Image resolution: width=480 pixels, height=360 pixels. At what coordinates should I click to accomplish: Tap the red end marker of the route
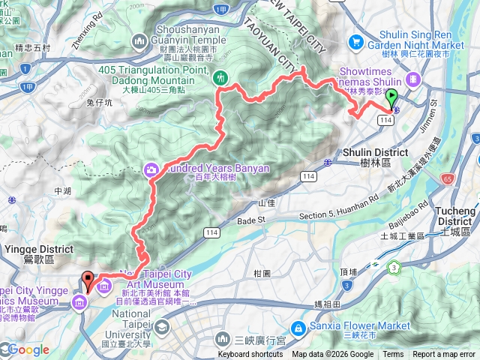click(87, 280)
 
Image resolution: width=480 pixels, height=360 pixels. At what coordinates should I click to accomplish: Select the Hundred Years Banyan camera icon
click(151, 169)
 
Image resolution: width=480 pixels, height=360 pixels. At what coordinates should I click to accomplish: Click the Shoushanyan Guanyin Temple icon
click(139, 40)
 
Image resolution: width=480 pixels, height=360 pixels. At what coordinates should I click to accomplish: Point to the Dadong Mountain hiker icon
click(220, 76)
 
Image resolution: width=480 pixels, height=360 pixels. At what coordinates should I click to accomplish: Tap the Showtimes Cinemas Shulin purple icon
click(412, 79)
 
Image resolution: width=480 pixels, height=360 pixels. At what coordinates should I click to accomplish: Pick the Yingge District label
click(26, 253)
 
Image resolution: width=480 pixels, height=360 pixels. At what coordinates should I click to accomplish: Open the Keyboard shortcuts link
click(250, 355)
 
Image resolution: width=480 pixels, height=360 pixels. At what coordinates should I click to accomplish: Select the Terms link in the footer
click(393, 355)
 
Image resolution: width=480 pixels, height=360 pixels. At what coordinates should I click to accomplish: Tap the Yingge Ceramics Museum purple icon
click(79, 302)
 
